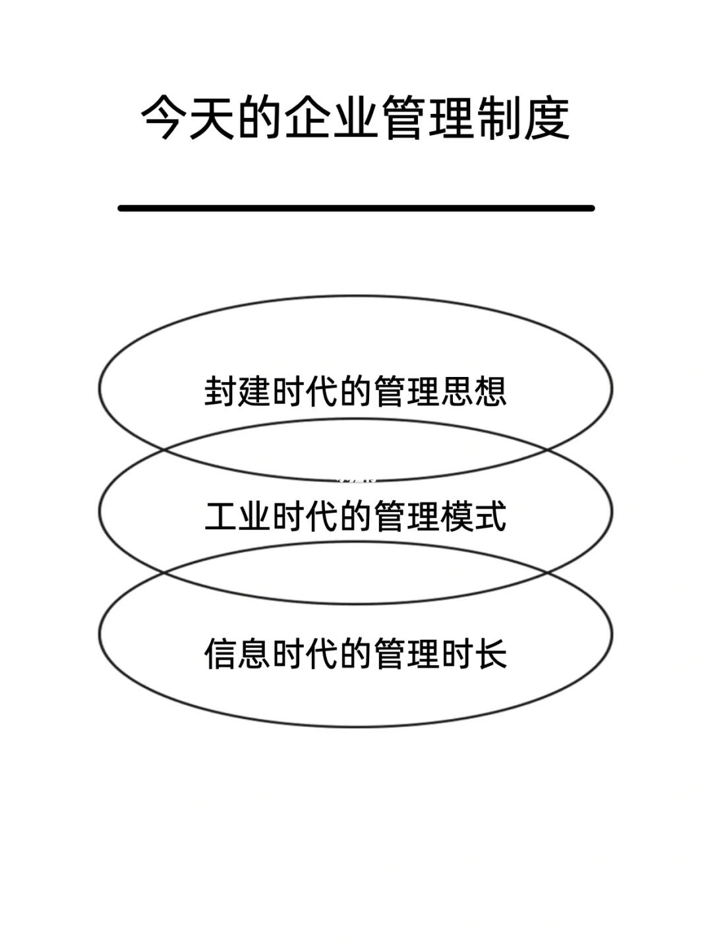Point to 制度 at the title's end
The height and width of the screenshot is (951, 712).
[523, 119]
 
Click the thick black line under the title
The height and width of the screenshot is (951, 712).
[356, 208]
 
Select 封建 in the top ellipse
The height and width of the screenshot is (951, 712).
[237, 391]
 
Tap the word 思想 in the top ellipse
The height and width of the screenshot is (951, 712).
[473, 391]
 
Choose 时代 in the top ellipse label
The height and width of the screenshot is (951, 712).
[305, 391]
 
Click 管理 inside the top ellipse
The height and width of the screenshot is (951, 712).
[407, 391]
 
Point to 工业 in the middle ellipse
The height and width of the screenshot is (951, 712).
[237, 516]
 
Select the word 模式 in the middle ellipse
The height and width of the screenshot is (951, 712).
[473, 516]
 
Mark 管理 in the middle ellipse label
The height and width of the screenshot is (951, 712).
[407, 516]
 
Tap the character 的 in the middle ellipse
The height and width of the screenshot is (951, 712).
[356, 516]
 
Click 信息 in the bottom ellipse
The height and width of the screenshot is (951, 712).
[237, 654]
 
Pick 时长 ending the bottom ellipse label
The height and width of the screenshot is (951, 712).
[473, 654]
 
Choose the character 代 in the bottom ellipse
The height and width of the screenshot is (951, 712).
[322, 654]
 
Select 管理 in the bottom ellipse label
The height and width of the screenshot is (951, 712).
[407, 654]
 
